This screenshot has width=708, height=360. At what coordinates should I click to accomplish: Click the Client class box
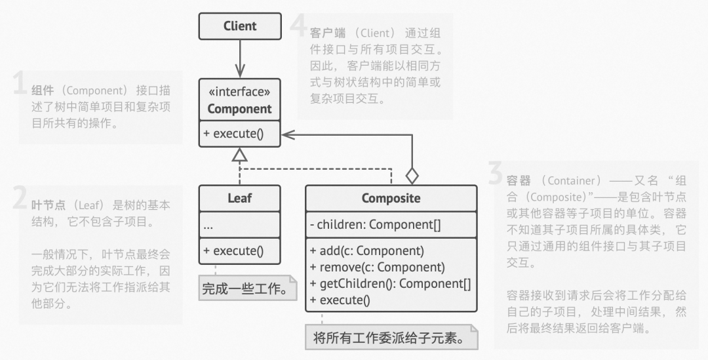pyautogui.click(x=240, y=26)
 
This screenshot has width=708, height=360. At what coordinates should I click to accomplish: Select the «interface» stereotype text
pyautogui.click(x=239, y=92)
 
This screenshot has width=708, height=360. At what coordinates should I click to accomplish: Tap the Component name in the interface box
pyautogui.click(x=239, y=109)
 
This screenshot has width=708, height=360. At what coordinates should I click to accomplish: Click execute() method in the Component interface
pyautogui.click(x=233, y=134)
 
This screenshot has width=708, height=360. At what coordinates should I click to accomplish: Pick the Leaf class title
pyautogui.click(x=239, y=198)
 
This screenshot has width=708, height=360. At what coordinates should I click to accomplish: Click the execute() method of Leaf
pyautogui.click(x=233, y=251)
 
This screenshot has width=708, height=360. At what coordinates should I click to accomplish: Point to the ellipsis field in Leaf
pyautogui.click(x=208, y=226)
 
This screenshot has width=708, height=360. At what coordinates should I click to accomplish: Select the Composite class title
pyautogui.click(x=391, y=198)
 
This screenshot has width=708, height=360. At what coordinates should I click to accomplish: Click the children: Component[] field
pyautogui.click(x=375, y=224)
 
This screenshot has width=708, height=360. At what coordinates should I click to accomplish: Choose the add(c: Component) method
pyautogui.click(x=367, y=251)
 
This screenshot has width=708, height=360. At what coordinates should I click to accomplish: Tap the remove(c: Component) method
pyautogui.click(x=378, y=268)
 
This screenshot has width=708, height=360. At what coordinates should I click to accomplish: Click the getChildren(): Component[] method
pyautogui.click(x=391, y=284)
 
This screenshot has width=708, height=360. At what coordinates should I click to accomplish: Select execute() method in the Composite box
pyautogui.click(x=340, y=300)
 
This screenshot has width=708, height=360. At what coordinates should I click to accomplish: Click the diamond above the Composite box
pyautogui.click(x=412, y=176)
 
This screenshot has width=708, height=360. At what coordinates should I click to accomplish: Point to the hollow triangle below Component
pyautogui.click(x=240, y=155)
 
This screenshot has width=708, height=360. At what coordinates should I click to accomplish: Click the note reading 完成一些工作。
pyautogui.click(x=247, y=288)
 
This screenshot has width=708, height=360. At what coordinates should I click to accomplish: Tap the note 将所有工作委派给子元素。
pyautogui.click(x=391, y=338)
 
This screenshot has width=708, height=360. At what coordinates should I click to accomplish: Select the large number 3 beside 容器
pyautogui.click(x=496, y=174)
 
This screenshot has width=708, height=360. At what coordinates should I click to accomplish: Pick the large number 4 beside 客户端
pyautogui.click(x=298, y=26)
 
